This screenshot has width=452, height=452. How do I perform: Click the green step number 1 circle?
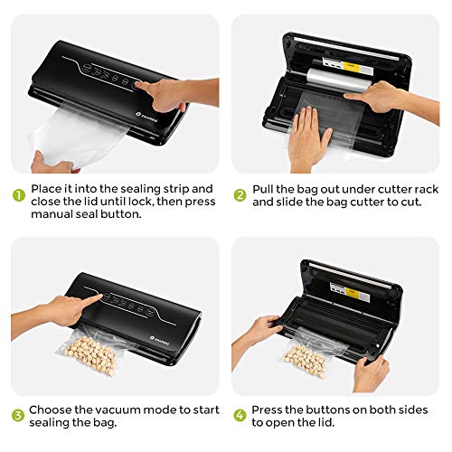(19, 195)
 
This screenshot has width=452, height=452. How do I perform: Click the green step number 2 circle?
(240, 195)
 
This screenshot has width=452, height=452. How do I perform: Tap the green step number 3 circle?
(18, 415)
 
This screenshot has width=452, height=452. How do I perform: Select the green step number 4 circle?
(240, 415)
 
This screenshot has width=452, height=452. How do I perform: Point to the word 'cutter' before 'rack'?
(394, 189)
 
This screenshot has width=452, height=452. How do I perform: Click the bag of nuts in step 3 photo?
(90, 353)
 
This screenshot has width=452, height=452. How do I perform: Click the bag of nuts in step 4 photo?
(310, 358)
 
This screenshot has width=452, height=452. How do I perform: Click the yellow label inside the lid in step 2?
(351, 66)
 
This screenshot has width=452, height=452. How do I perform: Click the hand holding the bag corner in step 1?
(52, 163)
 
